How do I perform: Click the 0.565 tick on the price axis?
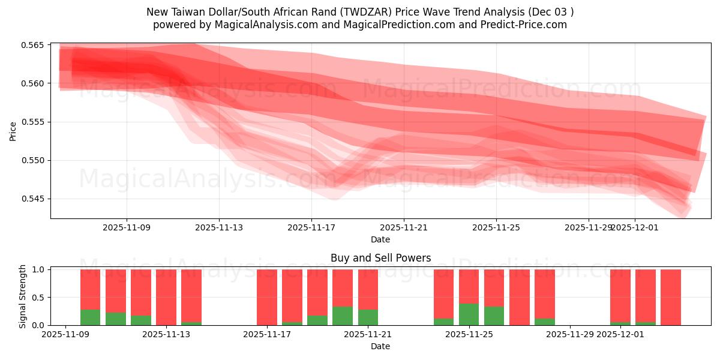35,45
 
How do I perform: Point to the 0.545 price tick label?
35,199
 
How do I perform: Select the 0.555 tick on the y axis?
35,122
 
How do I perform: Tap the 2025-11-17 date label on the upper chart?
311,227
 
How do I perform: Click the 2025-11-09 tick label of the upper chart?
127,227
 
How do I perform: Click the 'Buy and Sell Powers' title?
380,259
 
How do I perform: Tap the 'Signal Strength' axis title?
23,296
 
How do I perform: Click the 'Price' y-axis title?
13,131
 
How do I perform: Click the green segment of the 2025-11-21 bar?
368,317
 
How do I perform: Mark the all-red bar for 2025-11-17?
267,297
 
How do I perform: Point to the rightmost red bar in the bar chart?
671,297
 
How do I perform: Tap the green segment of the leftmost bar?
90,317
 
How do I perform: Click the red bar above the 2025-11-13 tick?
166,297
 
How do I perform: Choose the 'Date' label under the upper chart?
380,239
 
